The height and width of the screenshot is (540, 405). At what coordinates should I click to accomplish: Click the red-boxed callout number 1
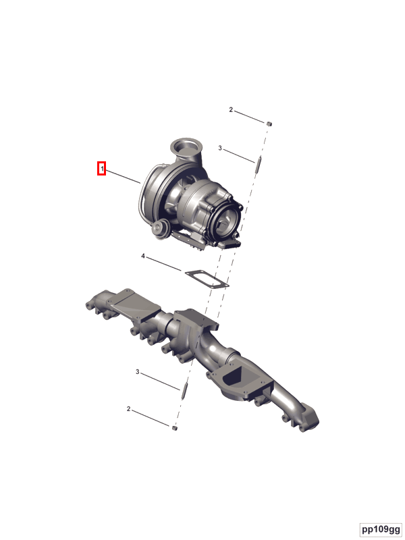(102, 169)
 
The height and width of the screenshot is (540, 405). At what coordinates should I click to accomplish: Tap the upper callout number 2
(231, 110)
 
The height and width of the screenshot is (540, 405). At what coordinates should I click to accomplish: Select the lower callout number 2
(128, 409)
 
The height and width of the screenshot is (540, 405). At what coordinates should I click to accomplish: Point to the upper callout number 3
(220, 148)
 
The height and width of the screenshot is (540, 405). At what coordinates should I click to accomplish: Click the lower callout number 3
(138, 372)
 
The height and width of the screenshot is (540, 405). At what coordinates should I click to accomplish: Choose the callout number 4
(143, 256)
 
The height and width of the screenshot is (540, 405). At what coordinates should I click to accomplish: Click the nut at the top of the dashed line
(269, 124)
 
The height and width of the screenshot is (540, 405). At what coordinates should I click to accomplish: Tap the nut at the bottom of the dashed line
(174, 428)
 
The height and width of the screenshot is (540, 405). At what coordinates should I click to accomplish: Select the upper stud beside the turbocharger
(259, 164)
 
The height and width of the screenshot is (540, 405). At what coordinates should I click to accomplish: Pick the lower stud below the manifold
(184, 391)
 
